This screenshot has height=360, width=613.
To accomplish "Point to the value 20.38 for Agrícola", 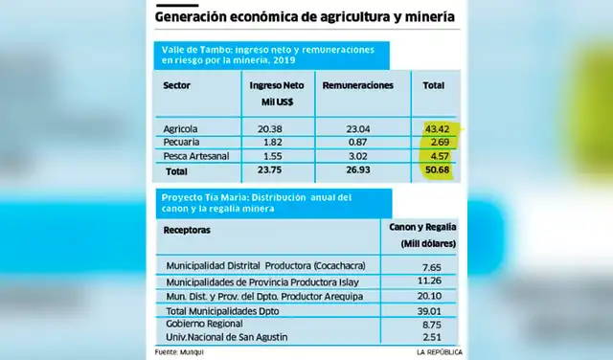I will point(270,126).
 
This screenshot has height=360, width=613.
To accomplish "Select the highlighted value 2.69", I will point(436,142).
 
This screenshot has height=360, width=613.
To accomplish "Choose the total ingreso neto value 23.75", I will point(270,171).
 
